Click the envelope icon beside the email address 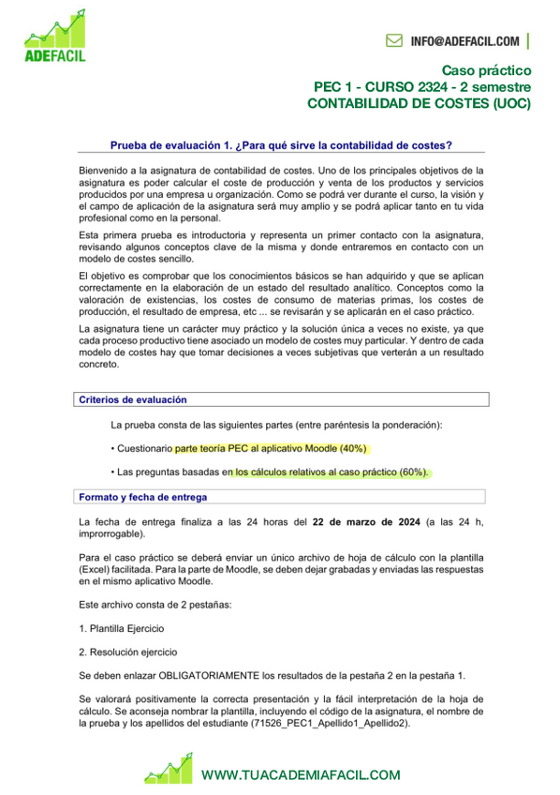pos(394,41)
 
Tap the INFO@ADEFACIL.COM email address pos(464,41)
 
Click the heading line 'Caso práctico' pos(486,70)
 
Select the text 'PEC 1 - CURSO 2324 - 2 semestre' pos(421,87)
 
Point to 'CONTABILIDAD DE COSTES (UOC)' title pos(419,104)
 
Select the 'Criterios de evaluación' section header pos(132,399)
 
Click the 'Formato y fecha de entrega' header pos(142,497)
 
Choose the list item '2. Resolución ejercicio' pos(130,652)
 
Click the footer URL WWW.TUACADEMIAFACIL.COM pos(301,775)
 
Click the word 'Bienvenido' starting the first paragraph pos(106,170)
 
